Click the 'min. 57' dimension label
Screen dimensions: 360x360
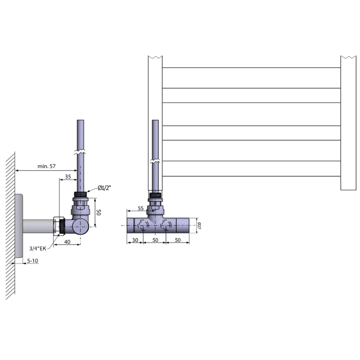pyautogui.click(x=47, y=166)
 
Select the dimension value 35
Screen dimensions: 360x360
pyautogui.click(x=68, y=177)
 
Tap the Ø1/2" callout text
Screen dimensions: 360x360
pyautogui.click(x=104, y=188)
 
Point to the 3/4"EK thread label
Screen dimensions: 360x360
pyautogui.click(x=37, y=248)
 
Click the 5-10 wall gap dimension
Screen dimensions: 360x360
pyautogui.click(x=33, y=261)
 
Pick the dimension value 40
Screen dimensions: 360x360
pyautogui.click(x=67, y=242)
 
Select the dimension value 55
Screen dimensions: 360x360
pyautogui.click(x=141, y=208)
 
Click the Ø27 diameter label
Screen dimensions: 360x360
pyautogui.click(x=199, y=226)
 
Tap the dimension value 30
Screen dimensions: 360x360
pyautogui.click(x=135, y=240)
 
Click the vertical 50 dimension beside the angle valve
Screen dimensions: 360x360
pyautogui.click(x=98, y=212)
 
